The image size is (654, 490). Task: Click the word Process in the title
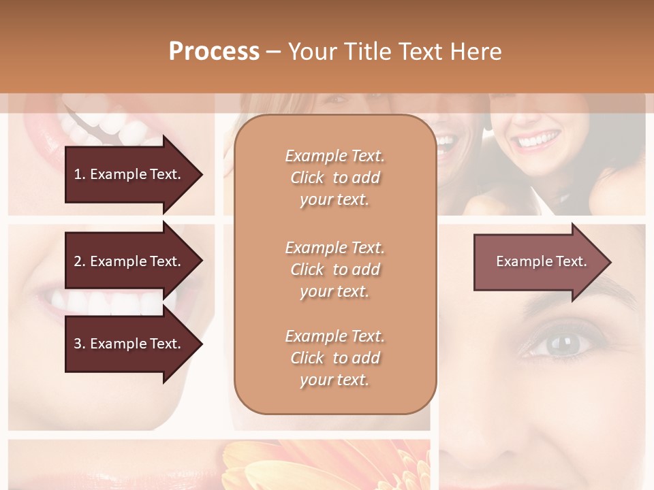tap(214, 52)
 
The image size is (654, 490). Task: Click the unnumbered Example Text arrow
tap(541, 261)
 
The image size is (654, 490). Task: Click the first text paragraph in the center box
tap(334, 178)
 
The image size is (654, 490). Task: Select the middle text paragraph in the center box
tap(334, 269)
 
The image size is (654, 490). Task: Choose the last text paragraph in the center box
tap(334, 358)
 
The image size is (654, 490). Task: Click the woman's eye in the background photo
tap(561, 344)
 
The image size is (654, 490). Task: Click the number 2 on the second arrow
tap(78, 261)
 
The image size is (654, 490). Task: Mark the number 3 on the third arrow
tap(78, 344)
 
